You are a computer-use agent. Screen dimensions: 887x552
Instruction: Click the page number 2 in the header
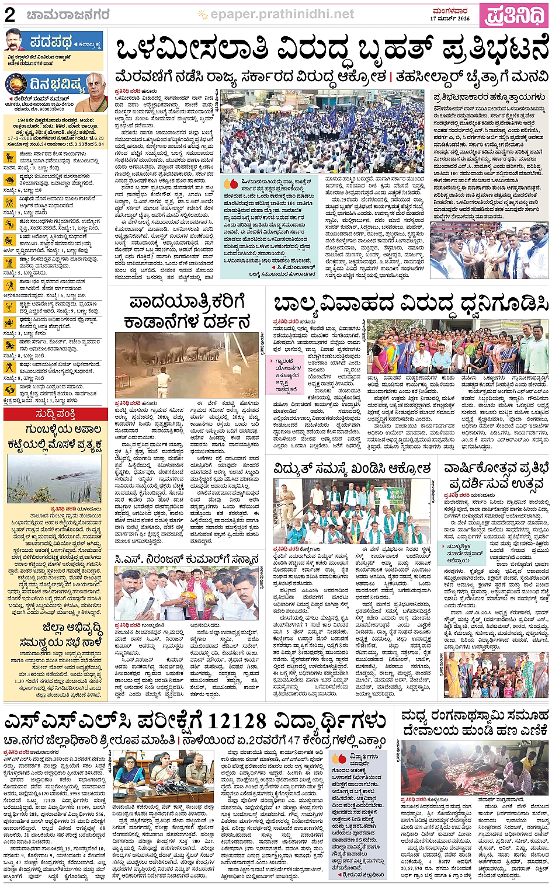10,15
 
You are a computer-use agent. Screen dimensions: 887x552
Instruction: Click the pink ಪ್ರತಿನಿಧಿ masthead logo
514,15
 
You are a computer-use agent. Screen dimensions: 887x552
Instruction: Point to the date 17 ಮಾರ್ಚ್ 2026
450,19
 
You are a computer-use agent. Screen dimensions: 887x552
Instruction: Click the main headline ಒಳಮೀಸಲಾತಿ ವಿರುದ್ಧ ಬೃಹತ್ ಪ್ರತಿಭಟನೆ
331,50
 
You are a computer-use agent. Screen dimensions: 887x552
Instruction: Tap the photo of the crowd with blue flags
322,131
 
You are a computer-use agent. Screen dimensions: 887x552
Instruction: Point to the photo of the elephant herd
187,364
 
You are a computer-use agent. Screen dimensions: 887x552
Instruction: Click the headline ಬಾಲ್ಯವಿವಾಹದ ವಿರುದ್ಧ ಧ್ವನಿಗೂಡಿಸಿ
411,304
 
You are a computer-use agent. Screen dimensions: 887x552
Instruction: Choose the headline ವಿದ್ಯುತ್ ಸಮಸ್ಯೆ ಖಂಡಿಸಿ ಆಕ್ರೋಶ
352,468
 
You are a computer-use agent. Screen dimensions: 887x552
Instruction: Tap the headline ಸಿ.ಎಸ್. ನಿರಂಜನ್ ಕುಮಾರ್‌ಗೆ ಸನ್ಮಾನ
186,559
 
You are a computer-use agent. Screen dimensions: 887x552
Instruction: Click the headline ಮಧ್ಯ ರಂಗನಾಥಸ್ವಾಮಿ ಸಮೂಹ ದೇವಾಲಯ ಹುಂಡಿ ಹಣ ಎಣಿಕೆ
474,722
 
